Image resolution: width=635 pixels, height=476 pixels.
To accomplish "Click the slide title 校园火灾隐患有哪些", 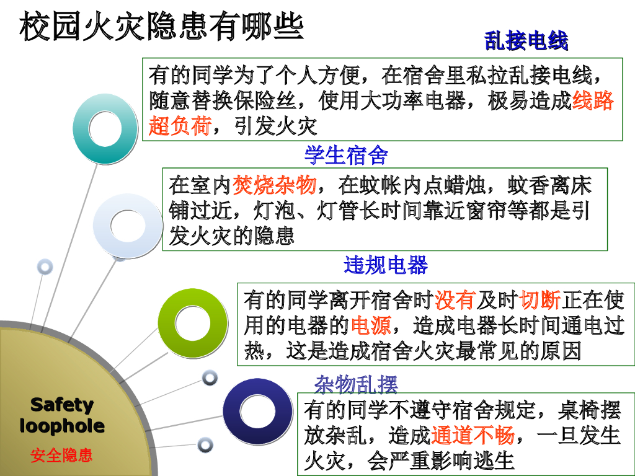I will click(x=162, y=27).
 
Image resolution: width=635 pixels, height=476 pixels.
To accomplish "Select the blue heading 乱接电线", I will click(x=526, y=42).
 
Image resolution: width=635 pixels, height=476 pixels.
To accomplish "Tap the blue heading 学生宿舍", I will click(x=346, y=155).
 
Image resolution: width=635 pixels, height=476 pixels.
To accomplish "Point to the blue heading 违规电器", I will click(x=386, y=265).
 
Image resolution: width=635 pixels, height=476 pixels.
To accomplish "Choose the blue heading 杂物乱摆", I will click(x=356, y=384).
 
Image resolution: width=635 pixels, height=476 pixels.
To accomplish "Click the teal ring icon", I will click(x=104, y=128).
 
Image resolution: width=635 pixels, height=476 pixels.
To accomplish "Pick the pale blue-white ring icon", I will click(x=127, y=226).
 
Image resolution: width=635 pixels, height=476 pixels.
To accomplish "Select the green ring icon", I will click(x=192, y=323).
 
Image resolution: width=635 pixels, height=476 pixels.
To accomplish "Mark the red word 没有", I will click(x=455, y=301).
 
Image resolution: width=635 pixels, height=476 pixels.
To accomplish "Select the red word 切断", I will click(x=540, y=301).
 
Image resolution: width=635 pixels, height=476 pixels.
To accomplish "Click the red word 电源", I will click(x=370, y=326).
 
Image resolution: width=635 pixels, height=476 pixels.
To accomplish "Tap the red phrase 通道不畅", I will click(x=473, y=436).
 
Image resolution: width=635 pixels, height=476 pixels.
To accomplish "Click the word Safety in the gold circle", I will click(x=62, y=405).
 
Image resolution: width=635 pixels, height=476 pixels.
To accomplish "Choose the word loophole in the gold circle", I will click(x=62, y=426).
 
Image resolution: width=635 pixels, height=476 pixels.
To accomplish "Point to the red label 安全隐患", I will click(x=62, y=456).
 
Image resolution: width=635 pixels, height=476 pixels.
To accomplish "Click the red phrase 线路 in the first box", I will click(x=593, y=100).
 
